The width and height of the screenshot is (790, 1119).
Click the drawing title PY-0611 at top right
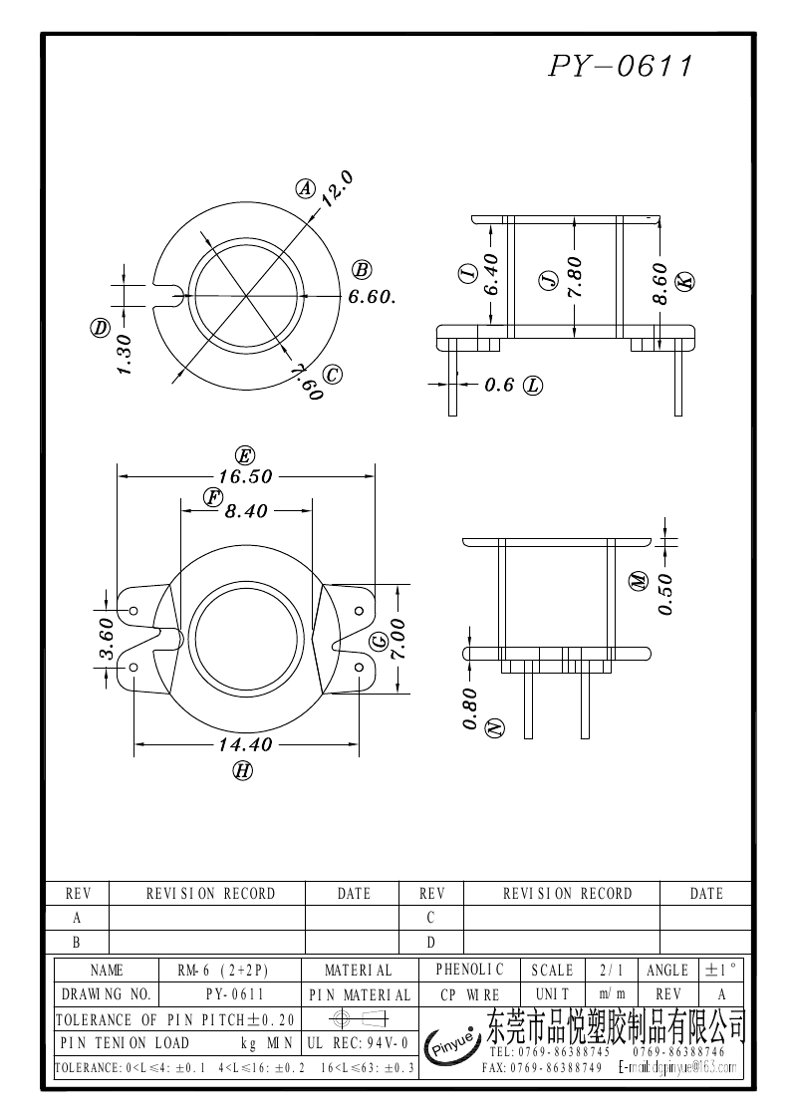point(620,67)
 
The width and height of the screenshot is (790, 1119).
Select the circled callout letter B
point(362,269)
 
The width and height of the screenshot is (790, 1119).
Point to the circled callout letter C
point(333,375)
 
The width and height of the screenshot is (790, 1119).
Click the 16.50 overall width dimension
point(245,477)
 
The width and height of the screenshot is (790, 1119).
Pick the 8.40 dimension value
point(246,511)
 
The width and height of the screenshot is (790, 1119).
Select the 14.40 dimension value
point(245,744)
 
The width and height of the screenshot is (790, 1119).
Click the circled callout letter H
point(241,769)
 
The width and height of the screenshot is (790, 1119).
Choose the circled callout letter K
point(685,282)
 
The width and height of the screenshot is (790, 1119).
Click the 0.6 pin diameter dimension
point(499,386)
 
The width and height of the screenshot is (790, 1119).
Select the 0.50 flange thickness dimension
point(665,594)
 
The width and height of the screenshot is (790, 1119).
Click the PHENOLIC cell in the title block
point(470,969)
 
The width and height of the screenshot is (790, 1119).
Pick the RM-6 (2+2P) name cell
point(223,970)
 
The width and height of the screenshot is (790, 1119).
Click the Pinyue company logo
point(452,1046)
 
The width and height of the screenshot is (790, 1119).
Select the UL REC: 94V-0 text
point(358,1043)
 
